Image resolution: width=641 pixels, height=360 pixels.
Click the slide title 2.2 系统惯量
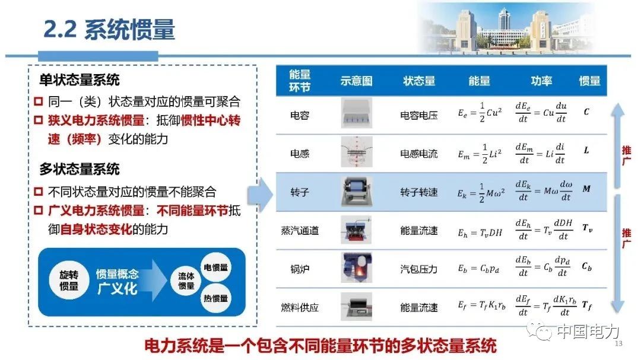tap(109, 30)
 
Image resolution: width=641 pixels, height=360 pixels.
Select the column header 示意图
tap(357, 81)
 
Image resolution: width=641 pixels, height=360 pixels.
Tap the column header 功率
tap(541, 81)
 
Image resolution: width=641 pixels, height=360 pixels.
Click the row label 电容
tap(300, 116)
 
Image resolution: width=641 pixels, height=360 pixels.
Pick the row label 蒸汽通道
tap(300, 231)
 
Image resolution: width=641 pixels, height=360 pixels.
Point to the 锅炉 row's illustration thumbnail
tap(357, 267)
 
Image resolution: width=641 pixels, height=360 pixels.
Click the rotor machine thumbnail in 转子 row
tap(357, 192)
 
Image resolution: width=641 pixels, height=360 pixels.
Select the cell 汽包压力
tap(418, 269)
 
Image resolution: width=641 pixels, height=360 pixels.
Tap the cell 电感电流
tap(418, 154)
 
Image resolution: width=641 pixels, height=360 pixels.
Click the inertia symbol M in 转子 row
tap(586, 189)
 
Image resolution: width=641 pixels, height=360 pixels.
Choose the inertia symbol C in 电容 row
tap(586, 111)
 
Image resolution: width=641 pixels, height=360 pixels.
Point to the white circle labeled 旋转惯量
tap(69, 281)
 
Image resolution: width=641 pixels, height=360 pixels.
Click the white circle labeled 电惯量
tap(216, 267)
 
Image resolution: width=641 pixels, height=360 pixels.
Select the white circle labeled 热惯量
tap(216, 298)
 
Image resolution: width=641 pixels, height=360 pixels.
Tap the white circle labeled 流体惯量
tap(186, 281)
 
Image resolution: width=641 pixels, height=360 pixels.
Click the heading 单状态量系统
tap(80, 79)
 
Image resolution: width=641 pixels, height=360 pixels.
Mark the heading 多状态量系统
tap(80, 169)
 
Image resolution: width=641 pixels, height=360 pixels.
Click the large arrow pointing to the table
tap(261, 195)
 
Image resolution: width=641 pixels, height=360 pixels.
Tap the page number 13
tap(618, 343)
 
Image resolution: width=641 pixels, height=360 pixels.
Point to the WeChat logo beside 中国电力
tap(540, 332)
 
